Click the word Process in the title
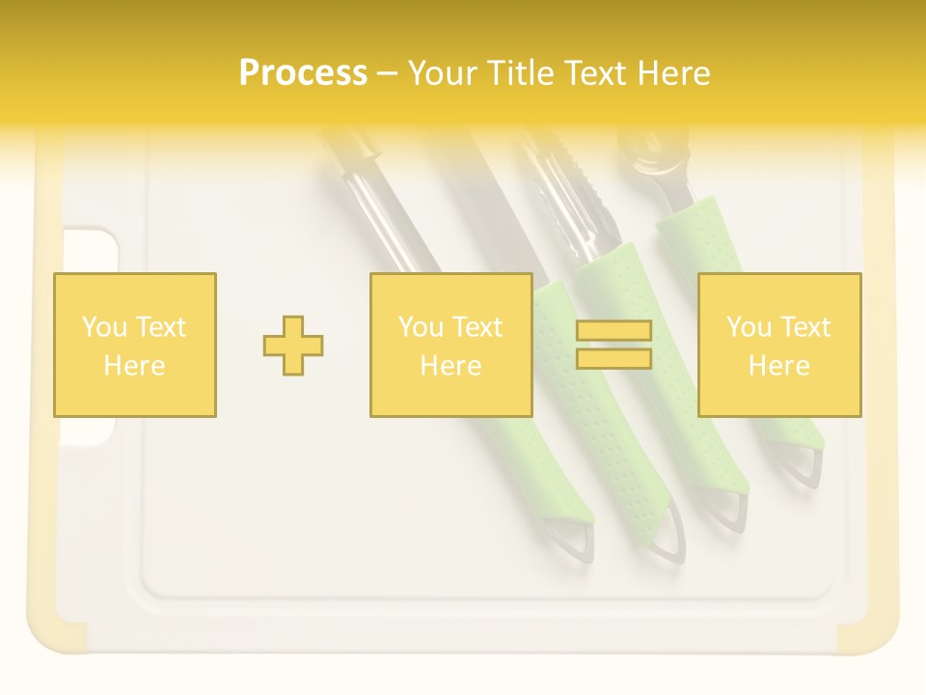tap(303, 73)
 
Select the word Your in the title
tap(444, 73)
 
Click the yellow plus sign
tap(293, 346)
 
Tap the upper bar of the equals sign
tap(613, 331)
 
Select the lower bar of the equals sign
tap(613, 358)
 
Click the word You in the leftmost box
tap(101, 327)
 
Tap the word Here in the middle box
tap(450, 366)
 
